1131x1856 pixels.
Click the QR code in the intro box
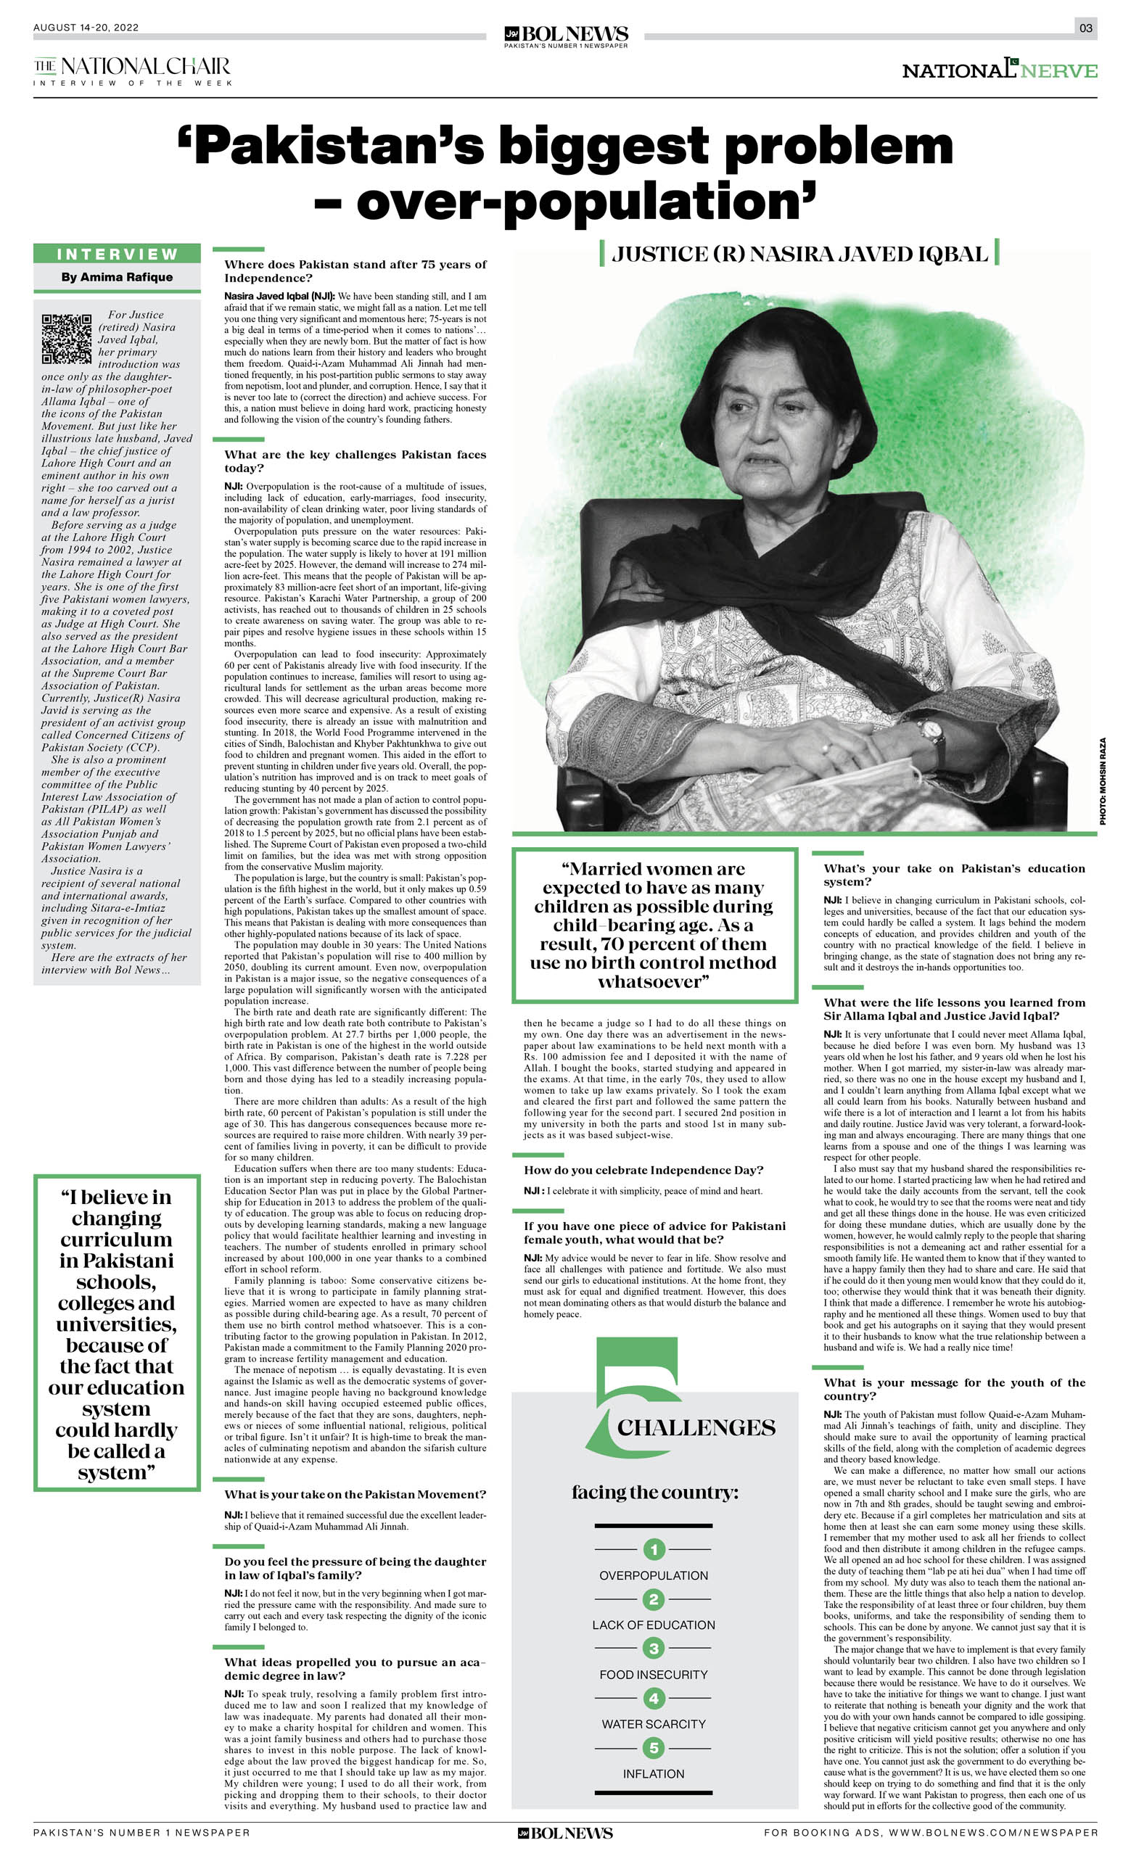click(66, 339)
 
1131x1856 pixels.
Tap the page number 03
click(1085, 28)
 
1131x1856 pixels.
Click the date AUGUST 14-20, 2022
click(86, 28)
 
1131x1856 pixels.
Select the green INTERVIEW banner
click(117, 254)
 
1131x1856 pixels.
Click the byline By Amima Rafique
click(117, 277)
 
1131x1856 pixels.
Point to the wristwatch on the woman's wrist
click(932, 730)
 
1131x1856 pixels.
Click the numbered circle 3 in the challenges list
click(654, 1648)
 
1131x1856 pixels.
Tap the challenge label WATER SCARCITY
click(654, 1723)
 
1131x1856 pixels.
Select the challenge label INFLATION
click(654, 1774)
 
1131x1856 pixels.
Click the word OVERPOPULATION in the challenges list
click(654, 1575)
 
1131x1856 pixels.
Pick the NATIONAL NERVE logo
click(999, 70)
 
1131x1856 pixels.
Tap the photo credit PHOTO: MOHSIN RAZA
click(1103, 781)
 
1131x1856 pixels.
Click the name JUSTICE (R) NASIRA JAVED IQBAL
click(799, 254)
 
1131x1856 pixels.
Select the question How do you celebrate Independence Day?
click(643, 1170)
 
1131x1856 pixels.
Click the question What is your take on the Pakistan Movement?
click(355, 1494)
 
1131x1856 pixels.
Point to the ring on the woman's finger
click(826, 748)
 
